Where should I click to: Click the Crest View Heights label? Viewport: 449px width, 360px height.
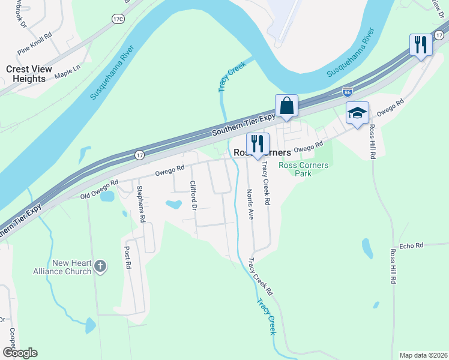[x=26, y=74]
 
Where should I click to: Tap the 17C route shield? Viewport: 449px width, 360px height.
[x=117, y=19]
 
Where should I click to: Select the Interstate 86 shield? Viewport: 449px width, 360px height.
[x=347, y=92]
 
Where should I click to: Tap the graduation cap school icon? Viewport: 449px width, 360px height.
[x=357, y=113]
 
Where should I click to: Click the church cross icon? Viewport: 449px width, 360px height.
[x=100, y=265]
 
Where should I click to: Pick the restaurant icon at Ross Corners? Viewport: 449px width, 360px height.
[x=258, y=144]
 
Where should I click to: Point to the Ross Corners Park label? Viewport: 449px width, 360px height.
[x=304, y=169]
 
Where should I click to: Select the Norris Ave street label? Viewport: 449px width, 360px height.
[x=250, y=204]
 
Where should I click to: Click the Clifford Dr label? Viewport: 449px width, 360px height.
[x=193, y=196]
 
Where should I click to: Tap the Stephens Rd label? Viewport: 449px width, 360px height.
[x=142, y=205]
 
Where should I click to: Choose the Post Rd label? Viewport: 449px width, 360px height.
[x=127, y=257]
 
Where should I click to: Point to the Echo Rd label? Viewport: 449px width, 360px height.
[x=411, y=245]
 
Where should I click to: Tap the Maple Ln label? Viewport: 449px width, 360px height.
[x=67, y=73]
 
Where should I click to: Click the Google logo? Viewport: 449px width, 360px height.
[x=20, y=353]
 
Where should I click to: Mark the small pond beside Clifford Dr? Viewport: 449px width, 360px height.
[x=173, y=204]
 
